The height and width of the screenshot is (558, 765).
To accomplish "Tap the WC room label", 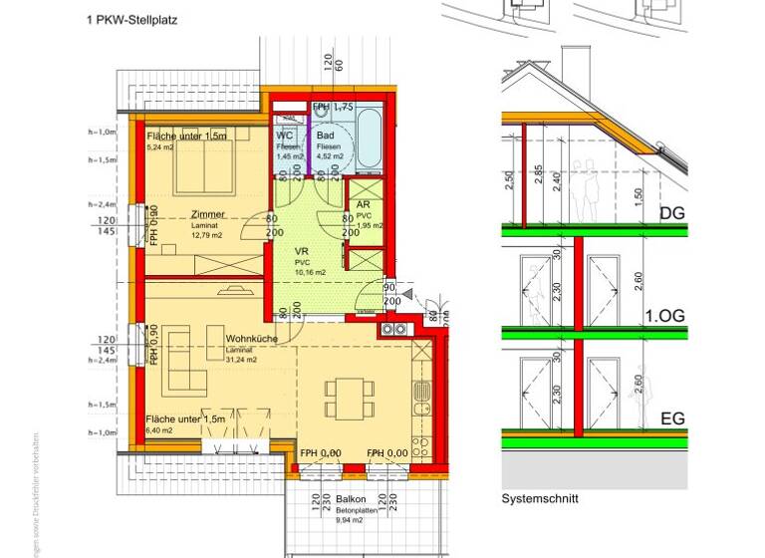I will tap(284, 136).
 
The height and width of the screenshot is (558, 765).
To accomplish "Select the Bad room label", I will tap(326, 136).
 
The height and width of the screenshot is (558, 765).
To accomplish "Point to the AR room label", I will tap(363, 204).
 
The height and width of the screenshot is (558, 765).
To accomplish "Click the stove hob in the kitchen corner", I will tap(391, 329).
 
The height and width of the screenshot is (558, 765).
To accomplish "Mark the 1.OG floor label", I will tap(664, 316).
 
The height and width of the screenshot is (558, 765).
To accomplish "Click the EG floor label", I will tap(672, 418).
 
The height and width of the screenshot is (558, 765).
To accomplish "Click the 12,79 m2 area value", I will tap(208, 235).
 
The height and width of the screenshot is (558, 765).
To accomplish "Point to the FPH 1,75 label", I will tap(335, 108).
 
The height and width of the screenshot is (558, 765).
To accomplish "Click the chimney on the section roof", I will tap(576, 64).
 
